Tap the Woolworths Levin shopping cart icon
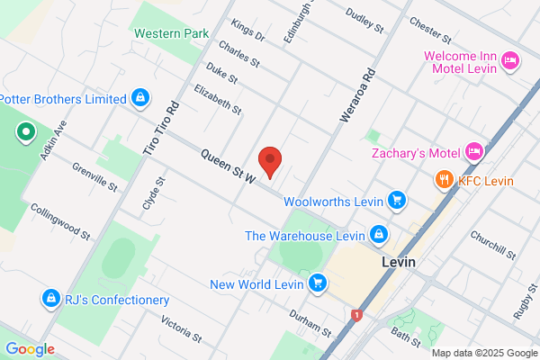(397, 199)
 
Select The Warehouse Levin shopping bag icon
(379, 235)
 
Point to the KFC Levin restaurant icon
(444, 180)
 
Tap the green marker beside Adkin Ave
(25, 134)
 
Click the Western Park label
(165, 33)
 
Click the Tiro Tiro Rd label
(160, 128)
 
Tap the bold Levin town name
(400, 262)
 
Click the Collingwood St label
(60, 222)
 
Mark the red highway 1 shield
(357, 315)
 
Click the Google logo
(30, 349)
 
